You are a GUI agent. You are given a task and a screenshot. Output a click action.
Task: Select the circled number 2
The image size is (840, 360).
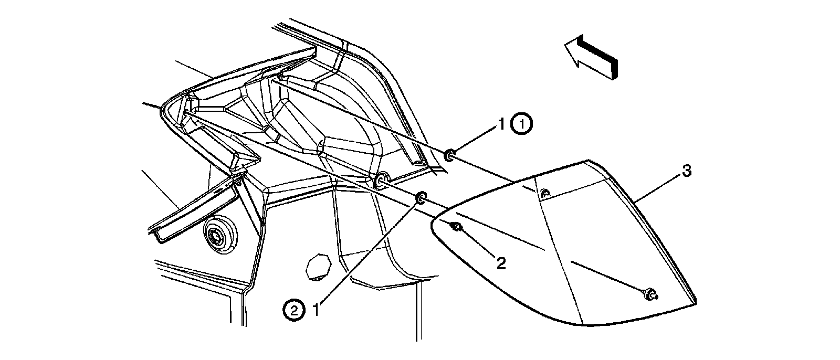(x=293, y=310)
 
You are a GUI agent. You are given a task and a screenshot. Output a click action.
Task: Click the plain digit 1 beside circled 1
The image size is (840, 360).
(x=501, y=124)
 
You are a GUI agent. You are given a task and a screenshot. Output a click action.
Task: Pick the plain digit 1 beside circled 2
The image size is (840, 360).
(x=317, y=310)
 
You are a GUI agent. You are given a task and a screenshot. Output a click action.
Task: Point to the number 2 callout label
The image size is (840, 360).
(x=501, y=263)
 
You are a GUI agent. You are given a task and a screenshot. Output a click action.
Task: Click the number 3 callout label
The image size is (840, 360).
(x=687, y=171)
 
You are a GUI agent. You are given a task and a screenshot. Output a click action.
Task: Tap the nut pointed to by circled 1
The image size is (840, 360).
(x=450, y=155)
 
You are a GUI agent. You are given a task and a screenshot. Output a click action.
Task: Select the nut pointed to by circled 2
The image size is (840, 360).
(x=421, y=198)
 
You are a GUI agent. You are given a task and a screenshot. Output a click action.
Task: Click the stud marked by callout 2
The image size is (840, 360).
(x=456, y=227)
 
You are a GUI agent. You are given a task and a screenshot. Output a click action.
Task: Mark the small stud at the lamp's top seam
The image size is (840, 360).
(x=545, y=193)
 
